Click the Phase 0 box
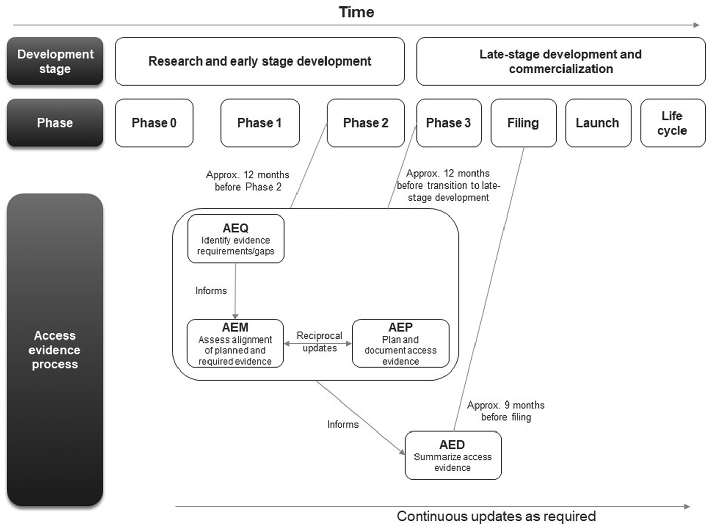[154, 123]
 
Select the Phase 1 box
[259, 123]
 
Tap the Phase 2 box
[365, 123]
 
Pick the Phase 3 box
[448, 123]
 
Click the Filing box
[523, 123]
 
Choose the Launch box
[598, 123]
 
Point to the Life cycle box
[672, 123]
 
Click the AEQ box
[235, 239]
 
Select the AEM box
[235, 344]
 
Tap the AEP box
[400, 344]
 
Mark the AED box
[453, 455]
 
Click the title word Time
[357, 12]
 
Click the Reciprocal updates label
[319, 342]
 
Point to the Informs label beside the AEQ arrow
[211, 291]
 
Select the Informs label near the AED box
[343, 424]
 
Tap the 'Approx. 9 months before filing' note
[506, 411]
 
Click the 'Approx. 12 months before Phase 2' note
[248, 181]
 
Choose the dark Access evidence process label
[55, 350]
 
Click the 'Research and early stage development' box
[260, 61]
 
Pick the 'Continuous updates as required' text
[496, 516]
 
